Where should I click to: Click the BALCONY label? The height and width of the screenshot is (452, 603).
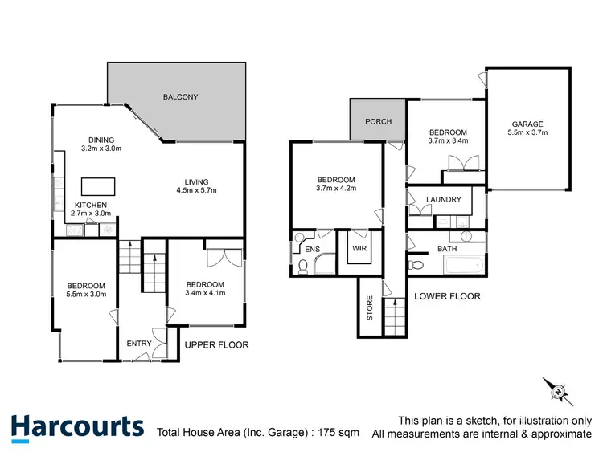[181, 97]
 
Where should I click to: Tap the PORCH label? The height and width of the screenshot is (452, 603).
[378, 122]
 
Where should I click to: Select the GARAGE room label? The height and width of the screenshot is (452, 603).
[527, 124]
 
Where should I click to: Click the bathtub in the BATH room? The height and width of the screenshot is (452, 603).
[458, 264]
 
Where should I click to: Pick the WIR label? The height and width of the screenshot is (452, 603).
[358, 249]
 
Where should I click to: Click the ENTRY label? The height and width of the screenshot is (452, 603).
[139, 344]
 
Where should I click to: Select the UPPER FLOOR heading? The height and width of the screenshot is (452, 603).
[217, 344]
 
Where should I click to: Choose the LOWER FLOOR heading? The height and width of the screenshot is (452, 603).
[447, 296]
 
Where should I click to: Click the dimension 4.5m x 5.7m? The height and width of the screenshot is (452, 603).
[196, 190]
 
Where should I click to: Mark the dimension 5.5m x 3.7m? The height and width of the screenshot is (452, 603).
[528, 133]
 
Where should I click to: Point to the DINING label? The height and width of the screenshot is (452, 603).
[102, 138]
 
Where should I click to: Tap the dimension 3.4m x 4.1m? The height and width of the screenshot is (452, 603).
[205, 294]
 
